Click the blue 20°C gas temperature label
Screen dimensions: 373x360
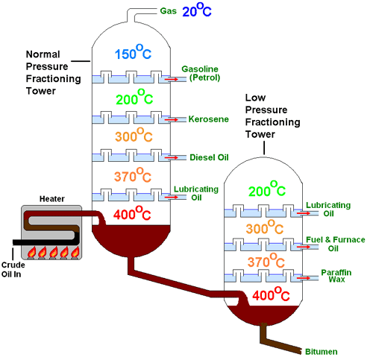[x=197, y=10]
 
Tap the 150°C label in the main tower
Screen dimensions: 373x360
[x=133, y=52]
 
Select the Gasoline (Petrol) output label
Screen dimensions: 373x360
[x=201, y=73]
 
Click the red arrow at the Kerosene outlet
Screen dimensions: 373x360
[x=172, y=120]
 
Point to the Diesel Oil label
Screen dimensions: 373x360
[x=209, y=157]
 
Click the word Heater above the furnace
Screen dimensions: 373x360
[x=52, y=199]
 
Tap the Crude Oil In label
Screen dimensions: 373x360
[x=13, y=270]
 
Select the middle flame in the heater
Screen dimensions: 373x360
[x=54, y=252]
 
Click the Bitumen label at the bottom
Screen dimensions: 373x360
[x=322, y=352]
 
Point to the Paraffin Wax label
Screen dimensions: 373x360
[x=336, y=276]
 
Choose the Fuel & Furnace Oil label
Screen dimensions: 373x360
[x=336, y=244]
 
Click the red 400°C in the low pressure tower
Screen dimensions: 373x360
[x=271, y=294]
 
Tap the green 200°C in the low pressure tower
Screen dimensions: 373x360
[x=267, y=189]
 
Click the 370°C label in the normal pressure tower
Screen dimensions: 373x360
[x=133, y=175]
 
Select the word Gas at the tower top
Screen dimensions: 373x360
[x=169, y=11]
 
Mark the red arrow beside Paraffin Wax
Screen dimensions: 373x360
[x=304, y=278]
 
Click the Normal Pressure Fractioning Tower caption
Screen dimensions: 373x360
[x=54, y=72]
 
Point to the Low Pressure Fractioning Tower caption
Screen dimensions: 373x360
[x=272, y=116]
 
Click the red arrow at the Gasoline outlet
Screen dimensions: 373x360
[x=172, y=79]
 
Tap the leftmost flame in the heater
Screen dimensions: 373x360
[x=31, y=252]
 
